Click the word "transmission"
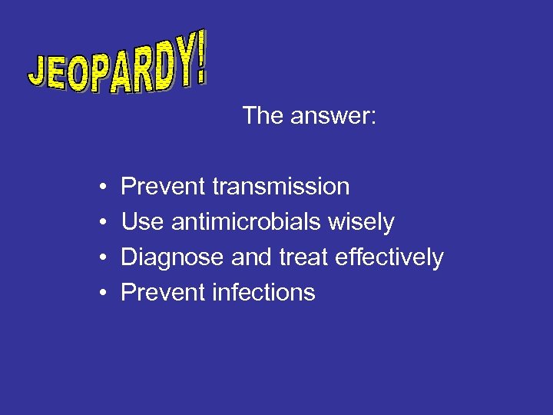[280, 187]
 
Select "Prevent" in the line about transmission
[163, 187]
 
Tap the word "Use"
[143, 222]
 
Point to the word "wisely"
[361, 223]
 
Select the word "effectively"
[389, 257]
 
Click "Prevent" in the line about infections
[163, 293]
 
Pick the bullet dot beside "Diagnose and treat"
[102, 258]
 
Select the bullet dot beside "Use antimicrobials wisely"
[102, 223]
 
